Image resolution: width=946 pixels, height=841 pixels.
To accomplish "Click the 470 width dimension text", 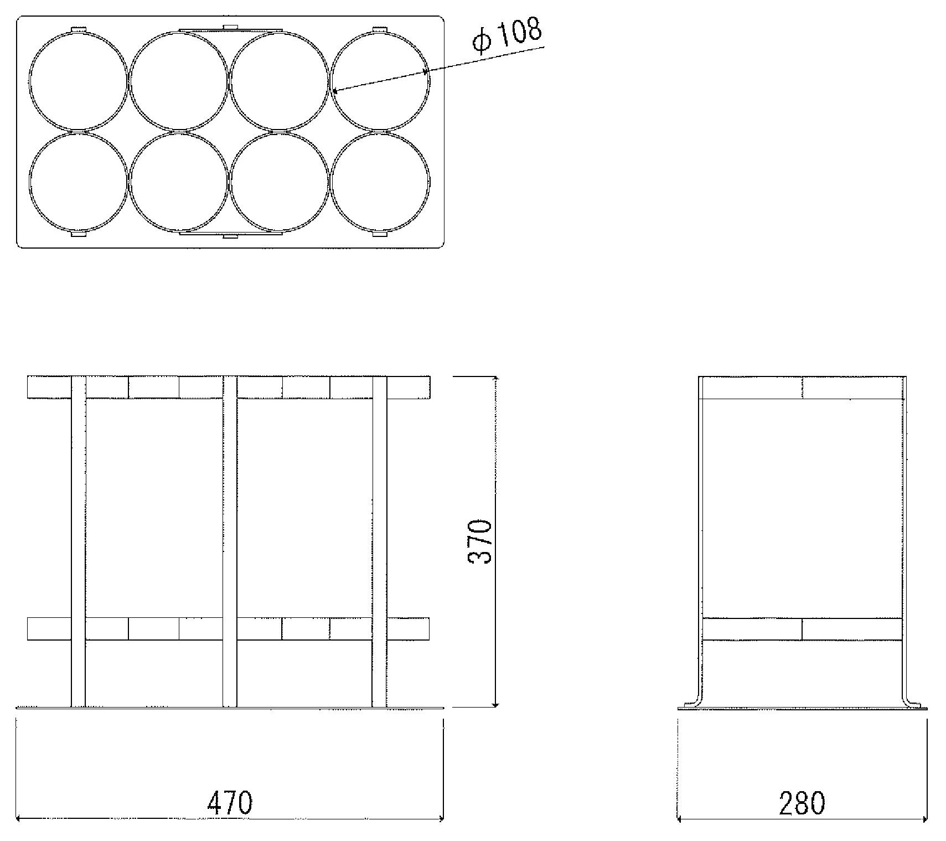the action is (230, 803).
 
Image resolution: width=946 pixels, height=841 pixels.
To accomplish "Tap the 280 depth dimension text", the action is (802, 803).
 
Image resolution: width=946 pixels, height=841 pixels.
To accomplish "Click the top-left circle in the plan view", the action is (29, 81).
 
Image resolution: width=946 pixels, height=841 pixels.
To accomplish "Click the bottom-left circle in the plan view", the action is (29, 182).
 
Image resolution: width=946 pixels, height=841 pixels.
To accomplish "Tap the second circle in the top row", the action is (130, 81).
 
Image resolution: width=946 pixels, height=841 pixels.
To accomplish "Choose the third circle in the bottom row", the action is (230, 182).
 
